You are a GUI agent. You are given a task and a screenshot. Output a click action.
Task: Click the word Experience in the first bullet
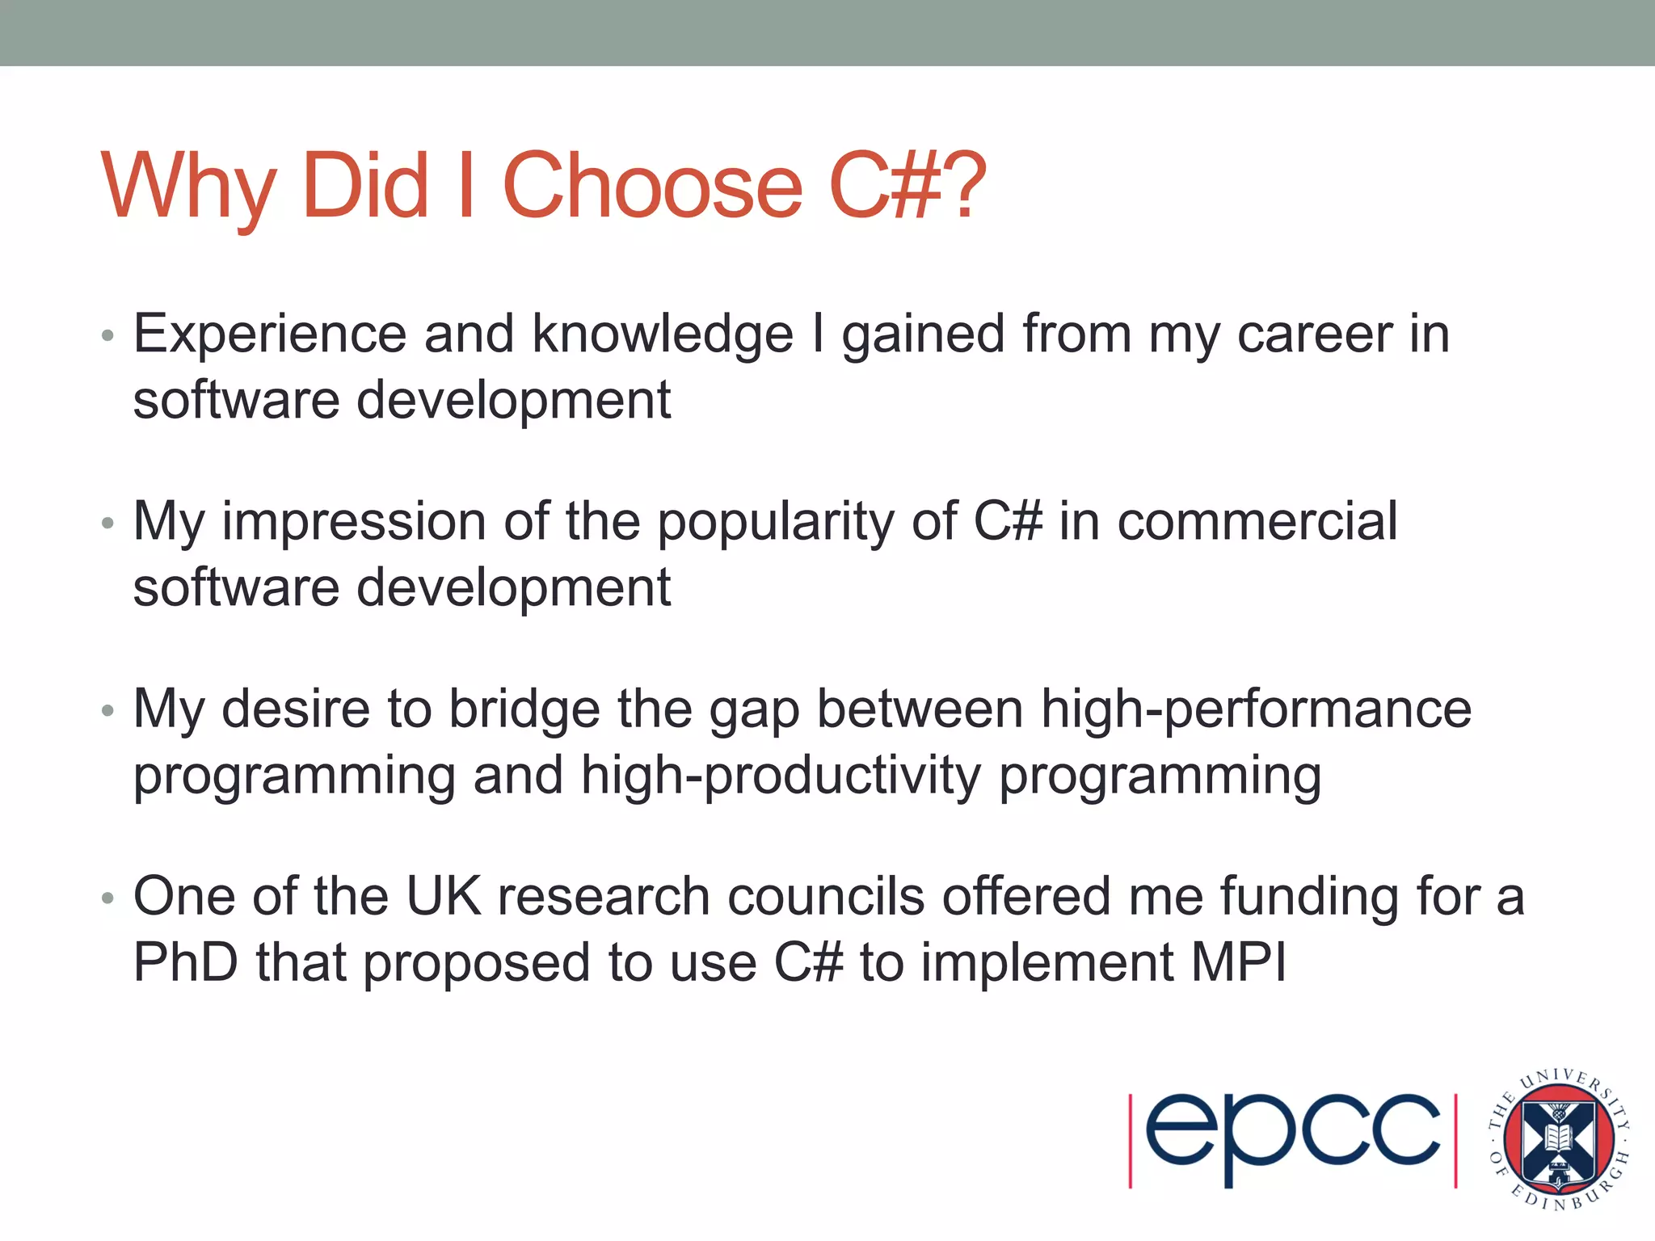[x=270, y=334]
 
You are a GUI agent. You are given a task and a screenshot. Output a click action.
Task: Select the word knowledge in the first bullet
[x=663, y=335]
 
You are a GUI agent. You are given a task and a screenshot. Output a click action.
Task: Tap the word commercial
[x=1257, y=521]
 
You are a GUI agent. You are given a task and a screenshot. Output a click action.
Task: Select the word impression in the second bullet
[x=354, y=523]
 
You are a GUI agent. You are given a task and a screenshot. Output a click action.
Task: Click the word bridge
[x=524, y=709]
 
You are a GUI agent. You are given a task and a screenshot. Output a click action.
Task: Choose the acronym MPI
[x=1238, y=962]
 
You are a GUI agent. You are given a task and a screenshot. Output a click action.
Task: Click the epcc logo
[x=1292, y=1140]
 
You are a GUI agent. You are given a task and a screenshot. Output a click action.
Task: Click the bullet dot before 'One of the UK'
[x=107, y=898]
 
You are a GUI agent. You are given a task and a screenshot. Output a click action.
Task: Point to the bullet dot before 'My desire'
[x=107, y=711]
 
